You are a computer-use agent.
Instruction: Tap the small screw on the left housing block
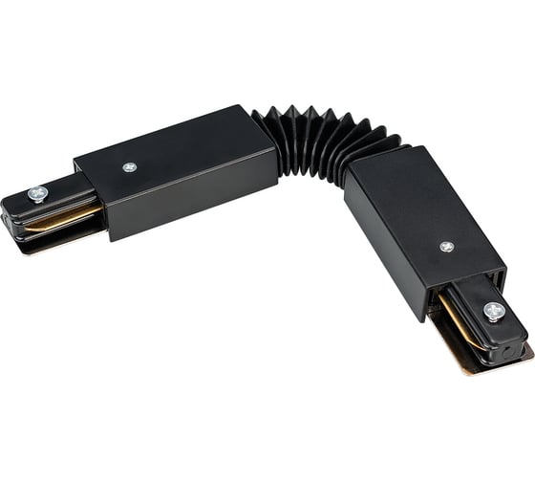(x=130, y=167)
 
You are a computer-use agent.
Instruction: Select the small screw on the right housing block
(x=446, y=247)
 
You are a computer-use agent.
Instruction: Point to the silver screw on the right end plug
(x=494, y=311)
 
